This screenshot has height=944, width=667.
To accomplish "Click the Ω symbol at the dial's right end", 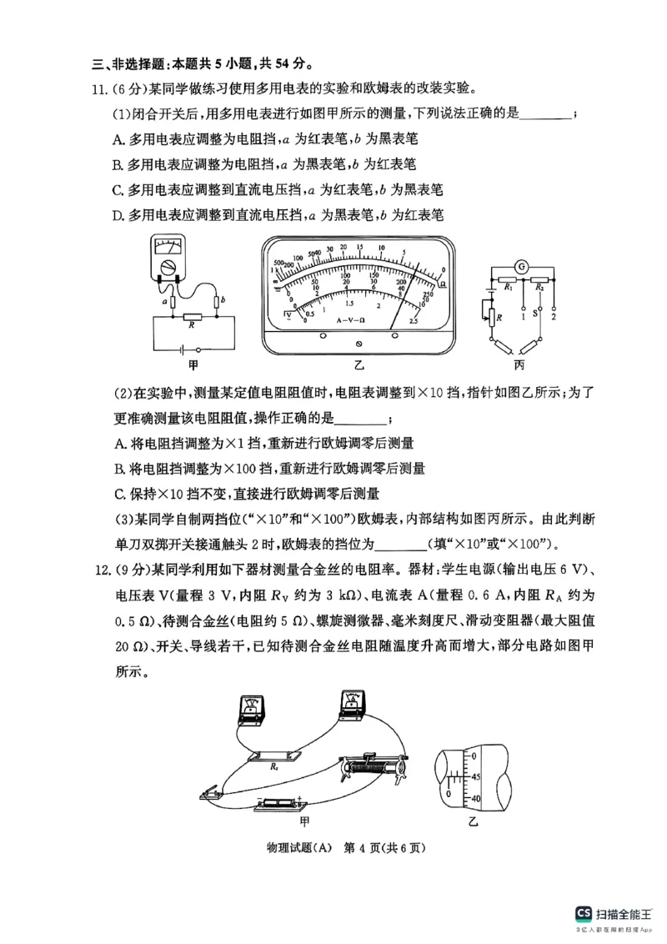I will pyautogui.click(x=441, y=284).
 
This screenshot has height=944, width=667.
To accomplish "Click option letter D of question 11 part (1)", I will pyautogui.click(x=118, y=215).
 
